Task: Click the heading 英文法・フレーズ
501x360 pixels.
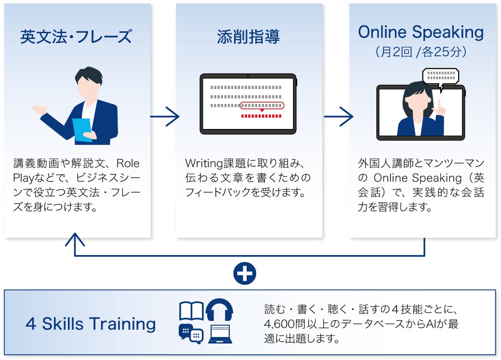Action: tap(76, 37)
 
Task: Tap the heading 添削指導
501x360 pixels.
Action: tap(248, 37)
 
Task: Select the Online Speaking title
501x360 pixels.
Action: tap(421, 32)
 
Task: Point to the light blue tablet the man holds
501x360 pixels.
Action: tap(82, 129)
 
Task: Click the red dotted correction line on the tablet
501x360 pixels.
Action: tap(261, 116)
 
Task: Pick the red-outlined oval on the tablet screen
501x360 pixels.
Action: tap(262, 105)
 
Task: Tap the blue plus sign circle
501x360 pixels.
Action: tap(244, 273)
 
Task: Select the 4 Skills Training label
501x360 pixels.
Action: tap(91, 324)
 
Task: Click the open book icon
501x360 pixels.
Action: tap(191, 311)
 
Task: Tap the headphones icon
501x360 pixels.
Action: tap(219, 310)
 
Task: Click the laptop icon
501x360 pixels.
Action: tap(220, 334)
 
